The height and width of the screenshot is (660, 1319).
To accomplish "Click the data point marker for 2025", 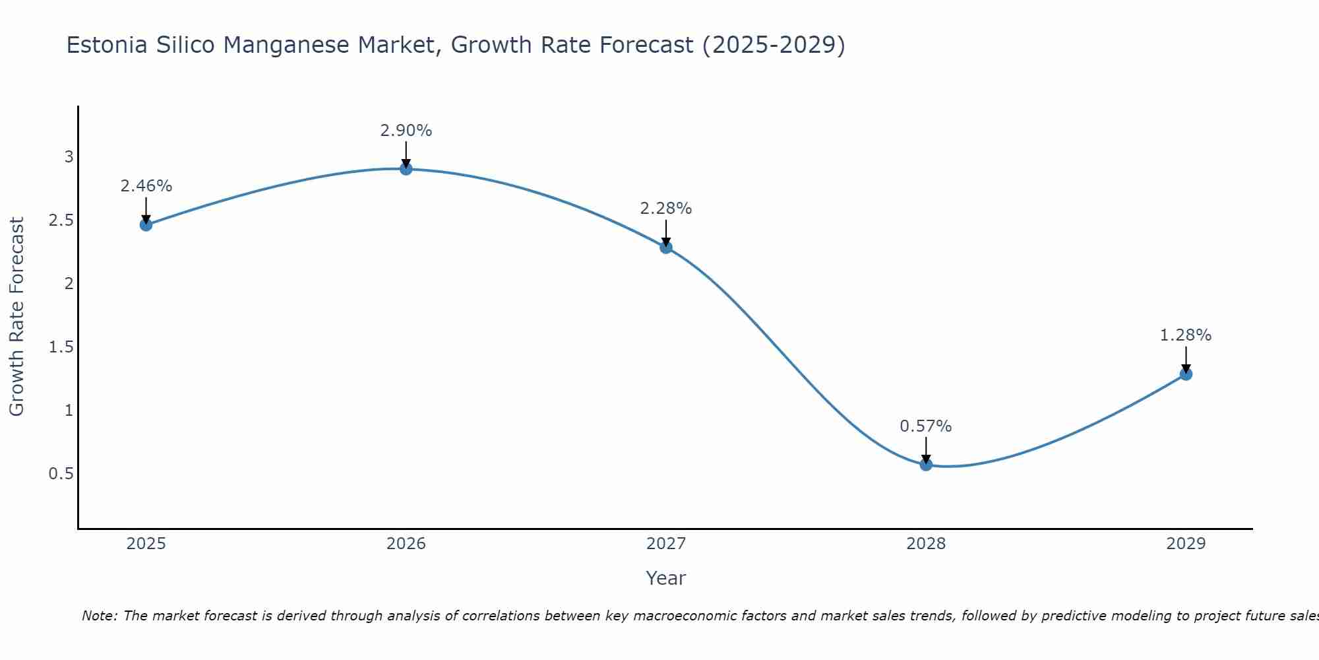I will click(146, 225).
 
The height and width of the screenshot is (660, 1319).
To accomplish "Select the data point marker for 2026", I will click(406, 169).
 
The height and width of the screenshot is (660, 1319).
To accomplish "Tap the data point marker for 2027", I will click(666, 247).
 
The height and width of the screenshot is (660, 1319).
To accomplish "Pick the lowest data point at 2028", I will click(926, 465).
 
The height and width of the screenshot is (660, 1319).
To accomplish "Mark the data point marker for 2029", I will click(1186, 374).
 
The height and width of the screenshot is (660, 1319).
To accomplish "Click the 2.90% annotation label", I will click(406, 131).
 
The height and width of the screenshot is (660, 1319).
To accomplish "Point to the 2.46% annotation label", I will click(146, 186).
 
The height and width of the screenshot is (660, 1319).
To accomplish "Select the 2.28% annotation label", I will click(666, 209).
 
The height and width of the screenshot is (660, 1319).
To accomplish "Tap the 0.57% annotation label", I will click(926, 426).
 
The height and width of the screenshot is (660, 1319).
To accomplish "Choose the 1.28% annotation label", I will click(1186, 335).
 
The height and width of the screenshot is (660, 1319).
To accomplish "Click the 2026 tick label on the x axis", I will click(406, 544).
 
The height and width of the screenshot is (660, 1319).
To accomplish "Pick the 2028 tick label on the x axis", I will click(926, 544).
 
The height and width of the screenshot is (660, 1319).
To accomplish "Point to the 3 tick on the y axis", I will click(69, 157).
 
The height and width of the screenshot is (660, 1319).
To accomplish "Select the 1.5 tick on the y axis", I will click(61, 347).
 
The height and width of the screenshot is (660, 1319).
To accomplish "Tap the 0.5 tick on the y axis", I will click(61, 474).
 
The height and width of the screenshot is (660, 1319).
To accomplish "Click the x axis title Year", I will click(666, 578).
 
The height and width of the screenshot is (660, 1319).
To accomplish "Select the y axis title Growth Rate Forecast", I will click(16, 317).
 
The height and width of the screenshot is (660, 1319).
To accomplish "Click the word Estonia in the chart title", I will click(107, 45).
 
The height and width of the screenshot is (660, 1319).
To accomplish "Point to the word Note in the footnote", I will click(99, 616).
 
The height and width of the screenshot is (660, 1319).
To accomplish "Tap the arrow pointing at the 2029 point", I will click(1186, 360).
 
